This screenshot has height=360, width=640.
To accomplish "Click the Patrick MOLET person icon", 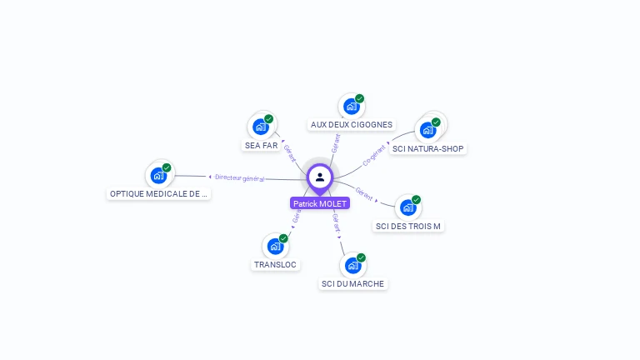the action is [x=320, y=177].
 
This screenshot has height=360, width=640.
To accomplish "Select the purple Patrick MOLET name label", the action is [x=320, y=203].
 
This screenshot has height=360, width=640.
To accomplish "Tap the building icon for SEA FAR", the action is [x=261, y=127].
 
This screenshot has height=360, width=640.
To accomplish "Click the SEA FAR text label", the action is [x=261, y=145].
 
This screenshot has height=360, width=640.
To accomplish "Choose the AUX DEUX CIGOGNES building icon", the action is [x=351, y=107].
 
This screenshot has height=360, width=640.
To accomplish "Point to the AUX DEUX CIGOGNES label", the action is [x=352, y=125].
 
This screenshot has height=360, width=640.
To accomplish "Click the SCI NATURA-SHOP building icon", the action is [x=428, y=130].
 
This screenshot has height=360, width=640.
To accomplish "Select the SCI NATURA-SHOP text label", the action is [x=428, y=148].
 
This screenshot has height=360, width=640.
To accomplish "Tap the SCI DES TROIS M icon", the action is [x=407, y=207].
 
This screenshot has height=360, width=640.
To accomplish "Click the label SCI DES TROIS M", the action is [x=408, y=226].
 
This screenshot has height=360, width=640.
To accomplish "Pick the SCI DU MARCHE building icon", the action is [x=352, y=266].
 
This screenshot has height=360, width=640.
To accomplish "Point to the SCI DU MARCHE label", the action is [x=352, y=284].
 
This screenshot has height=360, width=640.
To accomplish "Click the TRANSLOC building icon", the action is [x=275, y=247].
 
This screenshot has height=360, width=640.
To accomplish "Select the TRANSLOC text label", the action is [x=275, y=265].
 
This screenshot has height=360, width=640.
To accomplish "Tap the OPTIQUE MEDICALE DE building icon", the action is [x=158, y=176].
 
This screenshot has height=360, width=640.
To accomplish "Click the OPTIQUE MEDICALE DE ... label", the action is [x=158, y=194].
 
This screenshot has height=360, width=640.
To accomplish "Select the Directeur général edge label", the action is [x=240, y=177].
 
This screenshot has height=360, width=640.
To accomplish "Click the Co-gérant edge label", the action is [x=375, y=155].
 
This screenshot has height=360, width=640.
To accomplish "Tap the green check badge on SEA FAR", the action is [x=268, y=119].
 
